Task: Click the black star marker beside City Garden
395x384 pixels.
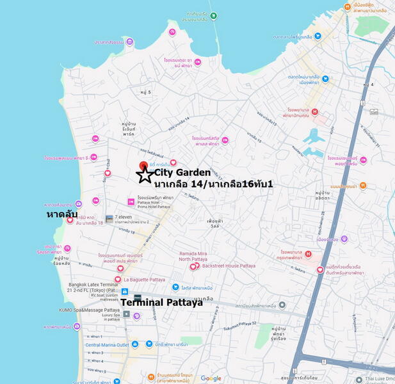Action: pos(145,174)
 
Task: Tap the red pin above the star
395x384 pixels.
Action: pos(143,166)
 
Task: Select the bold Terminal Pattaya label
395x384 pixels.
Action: pos(161,302)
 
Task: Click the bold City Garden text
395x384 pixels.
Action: pos(182,172)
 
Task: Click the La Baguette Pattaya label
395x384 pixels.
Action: pos(144,280)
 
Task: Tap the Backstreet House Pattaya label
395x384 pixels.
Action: pos(229,266)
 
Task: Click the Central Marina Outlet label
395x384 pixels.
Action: pos(107,344)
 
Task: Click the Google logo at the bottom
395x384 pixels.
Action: pos(211,378)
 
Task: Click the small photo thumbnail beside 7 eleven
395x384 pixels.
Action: pos(109,219)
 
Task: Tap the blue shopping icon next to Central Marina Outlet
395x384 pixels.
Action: pos(79,344)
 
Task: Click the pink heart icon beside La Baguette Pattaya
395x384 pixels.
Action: pos(118,280)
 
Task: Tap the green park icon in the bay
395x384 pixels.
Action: pos(213,16)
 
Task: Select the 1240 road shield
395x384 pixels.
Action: pos(374,112)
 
